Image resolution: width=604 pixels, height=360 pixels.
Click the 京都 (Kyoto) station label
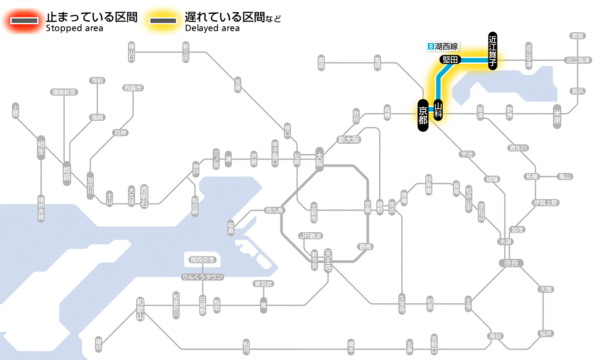(x=423, y=116)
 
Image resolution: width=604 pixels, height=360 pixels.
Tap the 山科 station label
(x=438, y=110)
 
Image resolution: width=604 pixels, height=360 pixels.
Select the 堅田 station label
(x=450, y=60)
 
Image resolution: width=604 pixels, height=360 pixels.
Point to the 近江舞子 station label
(x=493, y=51)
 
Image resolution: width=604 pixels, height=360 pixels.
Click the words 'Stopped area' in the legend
(x=74, y=28)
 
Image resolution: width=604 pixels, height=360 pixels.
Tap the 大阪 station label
(x=319, y=160)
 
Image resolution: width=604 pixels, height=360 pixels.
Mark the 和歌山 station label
(x=140, y=308)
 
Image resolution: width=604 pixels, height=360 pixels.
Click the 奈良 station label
(x=510, y=263)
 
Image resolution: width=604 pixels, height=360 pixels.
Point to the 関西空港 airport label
(x=203, y=259)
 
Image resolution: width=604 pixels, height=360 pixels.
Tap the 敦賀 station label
(x=577, y=36)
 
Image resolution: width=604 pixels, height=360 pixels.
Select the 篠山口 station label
(x=132, y=52)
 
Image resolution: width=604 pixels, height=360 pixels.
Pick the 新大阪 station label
(x=349, y=140)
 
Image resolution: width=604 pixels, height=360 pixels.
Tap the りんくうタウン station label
(x=202, y=277)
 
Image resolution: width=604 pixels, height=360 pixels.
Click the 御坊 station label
(x=99, y=344)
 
